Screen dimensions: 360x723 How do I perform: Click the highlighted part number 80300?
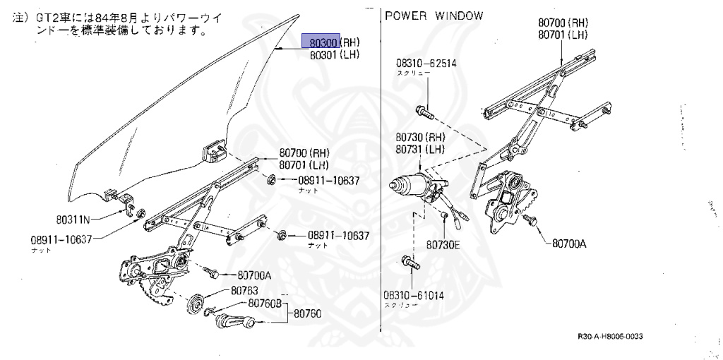tap(321, 41)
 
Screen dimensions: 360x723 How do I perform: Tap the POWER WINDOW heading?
tap(434, 16)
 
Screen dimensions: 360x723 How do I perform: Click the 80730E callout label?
tap(443, 245)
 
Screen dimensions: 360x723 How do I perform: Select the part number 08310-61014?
tap(414, 295)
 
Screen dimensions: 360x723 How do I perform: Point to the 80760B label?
tap(265, 304)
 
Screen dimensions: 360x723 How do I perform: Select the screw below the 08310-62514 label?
tap(424, 111)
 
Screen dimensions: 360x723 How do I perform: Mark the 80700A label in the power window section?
tap(569, 244)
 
